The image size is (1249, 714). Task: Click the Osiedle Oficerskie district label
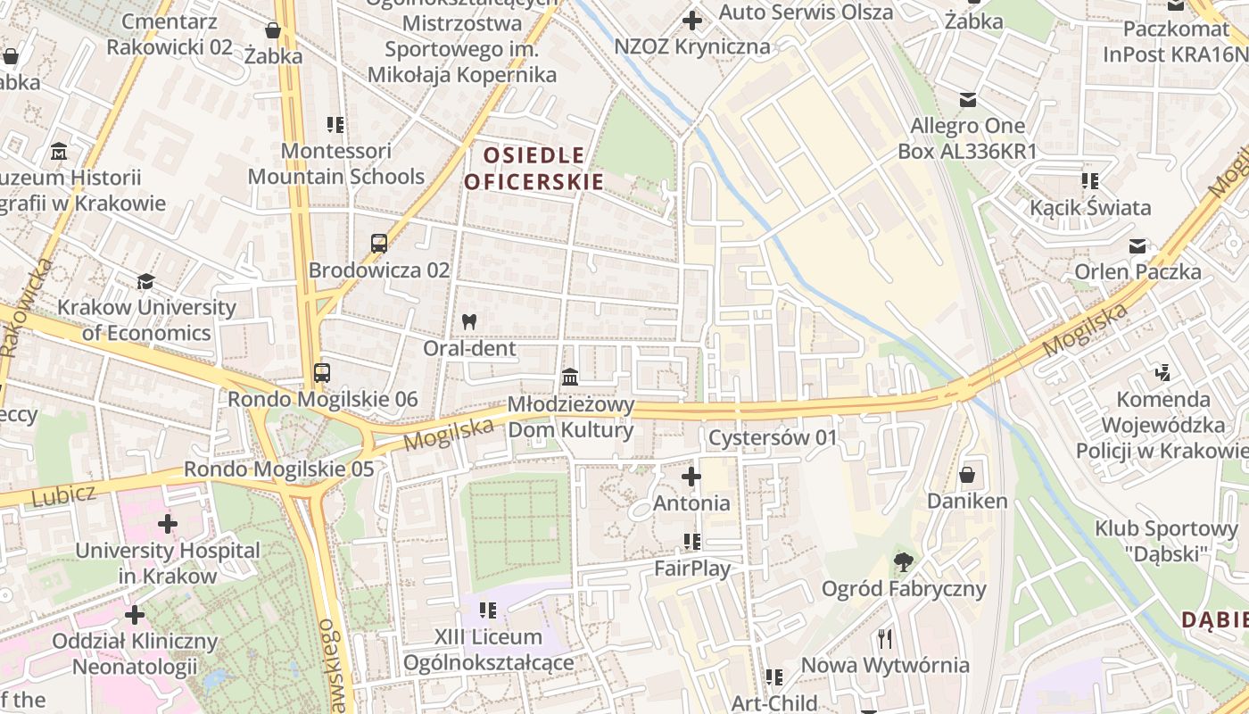click(x=534, y=169)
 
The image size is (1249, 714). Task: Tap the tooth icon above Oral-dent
click(x=469, y=321)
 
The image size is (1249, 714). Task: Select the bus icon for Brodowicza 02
click(x=379, y=243)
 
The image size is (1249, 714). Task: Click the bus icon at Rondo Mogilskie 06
click(x=322, y=373)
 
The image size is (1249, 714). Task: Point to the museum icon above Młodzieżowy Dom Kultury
click(x=570, y=377)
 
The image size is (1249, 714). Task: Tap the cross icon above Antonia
click(x=691, y=477)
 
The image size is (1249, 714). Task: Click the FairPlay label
click(x=692, y=568)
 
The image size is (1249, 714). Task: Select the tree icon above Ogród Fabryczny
click(x=903, y=562)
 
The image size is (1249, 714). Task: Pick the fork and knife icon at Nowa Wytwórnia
click(x=884, y=639)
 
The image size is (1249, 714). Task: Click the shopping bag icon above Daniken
click(x=967, y=475)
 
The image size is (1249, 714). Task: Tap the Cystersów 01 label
click(x=773, y=437)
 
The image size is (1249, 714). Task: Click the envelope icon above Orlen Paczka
click(x=1137, y=245)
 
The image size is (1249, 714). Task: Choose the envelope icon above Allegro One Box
click(x=967, y=100)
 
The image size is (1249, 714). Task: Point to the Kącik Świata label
click(x=1090, y=208)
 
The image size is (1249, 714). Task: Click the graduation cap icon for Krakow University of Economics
click(x=145, y=282)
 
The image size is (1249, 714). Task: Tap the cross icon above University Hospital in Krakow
click(x=167, y=524)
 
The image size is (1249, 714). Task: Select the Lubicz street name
click(x=62, y=496)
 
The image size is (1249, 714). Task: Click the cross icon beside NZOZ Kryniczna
click(x=691, y=20)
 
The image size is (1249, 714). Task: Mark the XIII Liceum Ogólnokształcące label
click(x=488, y=650)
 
